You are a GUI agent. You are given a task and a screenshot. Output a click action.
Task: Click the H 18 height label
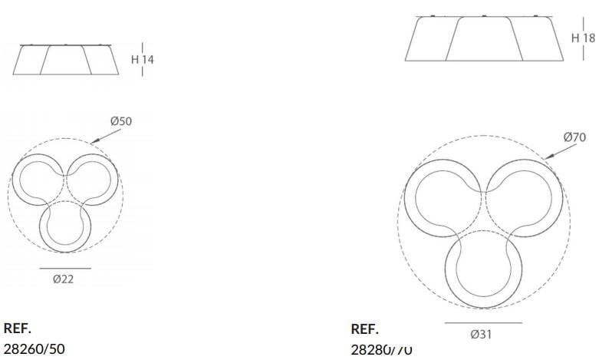[583, 38]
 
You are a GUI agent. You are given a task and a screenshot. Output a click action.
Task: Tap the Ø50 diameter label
[120, 122]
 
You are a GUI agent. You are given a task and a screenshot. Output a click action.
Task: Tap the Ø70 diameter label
[575, 137]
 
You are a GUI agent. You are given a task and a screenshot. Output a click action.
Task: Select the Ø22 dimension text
[64, 279]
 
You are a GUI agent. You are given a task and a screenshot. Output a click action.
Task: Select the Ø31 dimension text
[482, 334]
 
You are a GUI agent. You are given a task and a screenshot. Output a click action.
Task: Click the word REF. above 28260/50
[18, 329]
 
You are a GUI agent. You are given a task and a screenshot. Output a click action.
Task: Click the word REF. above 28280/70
[364, 329]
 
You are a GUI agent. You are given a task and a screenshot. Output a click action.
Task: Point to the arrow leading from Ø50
[103, 135]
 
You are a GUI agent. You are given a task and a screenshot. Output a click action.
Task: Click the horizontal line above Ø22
[64, 269]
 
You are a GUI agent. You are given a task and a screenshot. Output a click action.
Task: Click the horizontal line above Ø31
[482, 323]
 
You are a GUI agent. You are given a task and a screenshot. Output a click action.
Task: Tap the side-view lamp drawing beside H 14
[67, 60]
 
